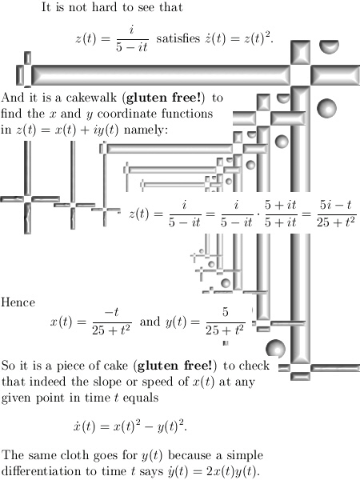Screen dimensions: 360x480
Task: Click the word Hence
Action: pyautogui.click(x=18, y=302)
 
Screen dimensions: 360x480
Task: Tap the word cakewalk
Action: pyautogui.click(x=91, y=98)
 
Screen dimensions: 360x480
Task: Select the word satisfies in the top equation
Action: pyautogui.click(x=178, y=38)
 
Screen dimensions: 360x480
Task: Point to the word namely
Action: pyautogui.click(x=146, y=130)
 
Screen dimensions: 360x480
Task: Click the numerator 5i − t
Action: pyautogui.click(x=336, y=205)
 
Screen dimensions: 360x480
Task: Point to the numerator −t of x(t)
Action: pyautogui.click(x=111, y=313)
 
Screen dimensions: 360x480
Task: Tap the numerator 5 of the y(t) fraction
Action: pyautogui.click(x=226, y=312)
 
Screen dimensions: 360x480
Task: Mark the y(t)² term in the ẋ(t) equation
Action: pyautogui.click(x=171, y=426)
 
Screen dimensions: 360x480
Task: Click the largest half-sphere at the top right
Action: pyautogui.click(x=329, y=46)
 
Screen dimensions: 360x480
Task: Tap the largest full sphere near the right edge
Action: pyautogui.click(x=326, y=108)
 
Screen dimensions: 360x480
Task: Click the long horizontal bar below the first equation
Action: pyautogui.click(x=161, y=75)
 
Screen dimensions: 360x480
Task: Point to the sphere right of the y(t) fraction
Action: pyautogui.click(x=275, y=349)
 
